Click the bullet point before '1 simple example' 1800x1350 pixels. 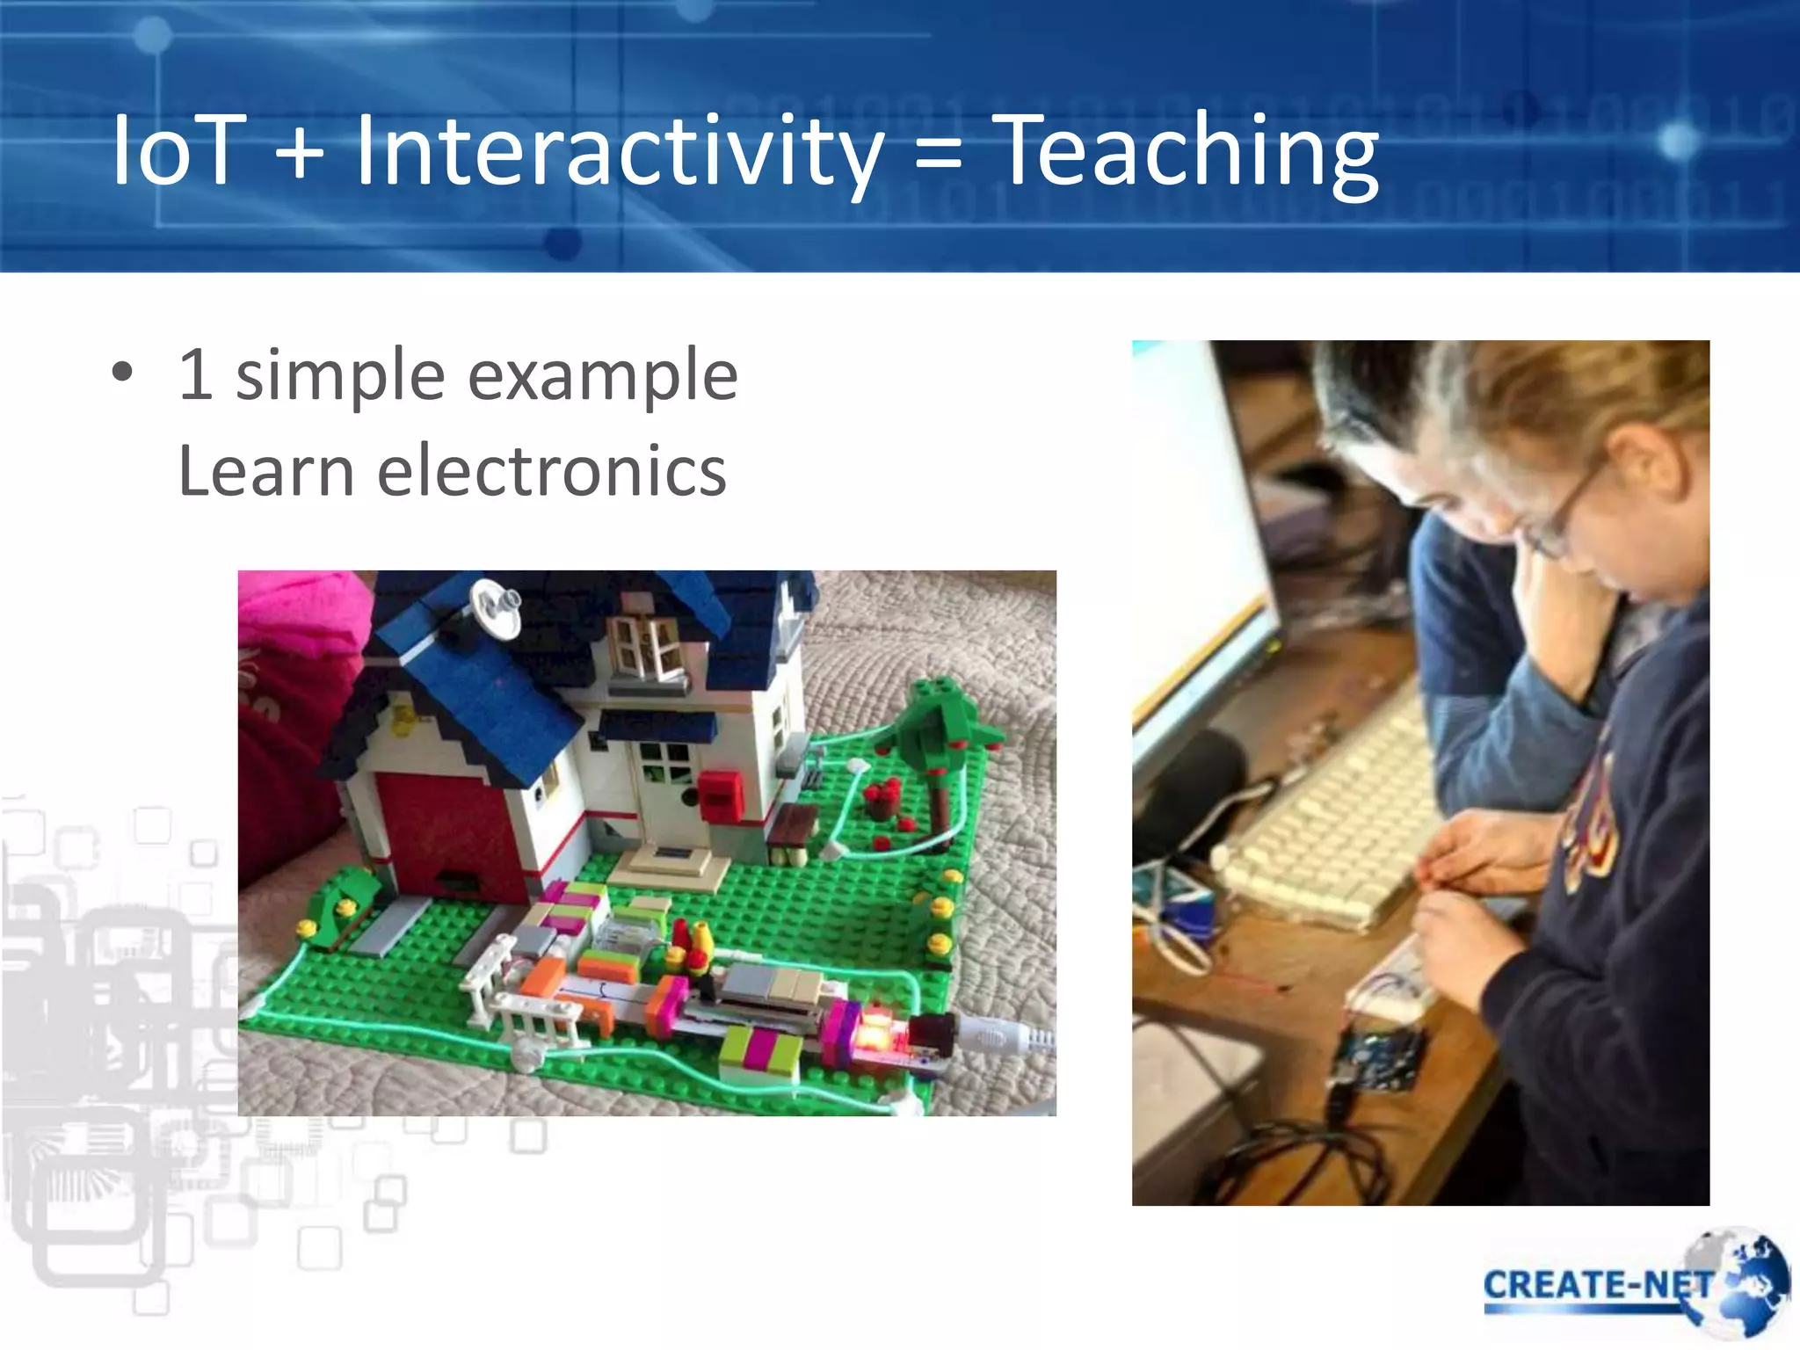122,373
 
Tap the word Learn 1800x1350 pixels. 265,471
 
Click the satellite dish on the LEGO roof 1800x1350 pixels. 494,606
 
